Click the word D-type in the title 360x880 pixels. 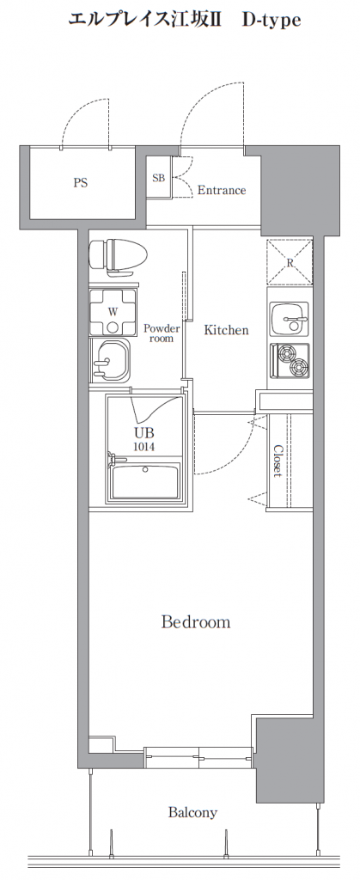[x=272, y=21]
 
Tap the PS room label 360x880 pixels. [x=80, y=183]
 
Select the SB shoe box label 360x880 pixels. [x=158, y=178]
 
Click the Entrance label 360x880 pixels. [x=222, y=190]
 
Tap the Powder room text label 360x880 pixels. [x=162, y=333]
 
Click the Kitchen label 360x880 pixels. [x=226, y=330]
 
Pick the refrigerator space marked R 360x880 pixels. [x=289, y=261]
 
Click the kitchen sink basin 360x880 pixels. [x=289, y=320]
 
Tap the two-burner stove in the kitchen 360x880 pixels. [x=290, y=360]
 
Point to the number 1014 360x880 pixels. [x=143, y=447]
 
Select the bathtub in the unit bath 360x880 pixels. [x=145, y=480]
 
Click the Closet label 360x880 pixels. [x=278, y=461]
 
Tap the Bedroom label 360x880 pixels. [x=196, y=622]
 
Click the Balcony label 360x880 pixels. [x=193, y=812]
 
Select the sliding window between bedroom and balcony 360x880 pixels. [x=198, y=758]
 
